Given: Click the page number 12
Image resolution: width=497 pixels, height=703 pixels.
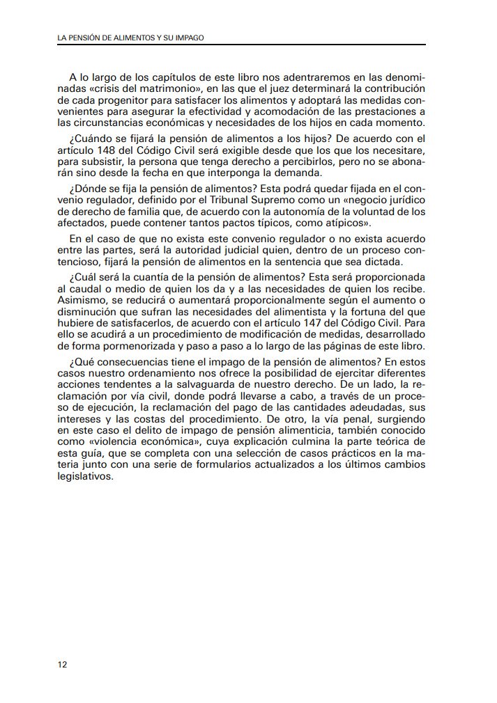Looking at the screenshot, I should [63, 664].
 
